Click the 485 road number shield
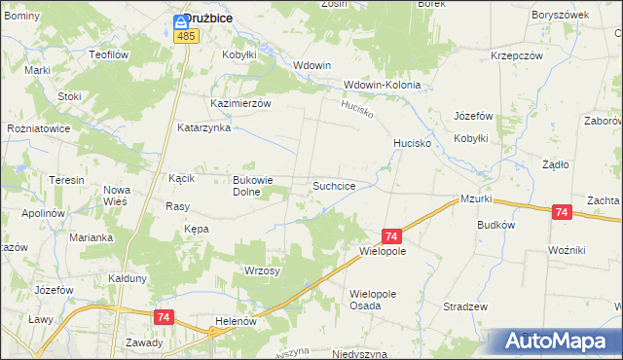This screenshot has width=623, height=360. (187, 36)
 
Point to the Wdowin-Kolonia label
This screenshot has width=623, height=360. (382, 85)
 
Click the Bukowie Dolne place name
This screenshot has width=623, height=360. (256, 185)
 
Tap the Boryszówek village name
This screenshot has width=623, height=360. (561, 17)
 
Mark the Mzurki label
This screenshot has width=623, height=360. (479, 198)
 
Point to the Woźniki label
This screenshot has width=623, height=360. (566, 250)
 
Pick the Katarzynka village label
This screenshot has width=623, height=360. (203, 127)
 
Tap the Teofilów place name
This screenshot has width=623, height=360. (108, 55)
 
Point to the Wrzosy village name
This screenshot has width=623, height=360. (262, 270)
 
